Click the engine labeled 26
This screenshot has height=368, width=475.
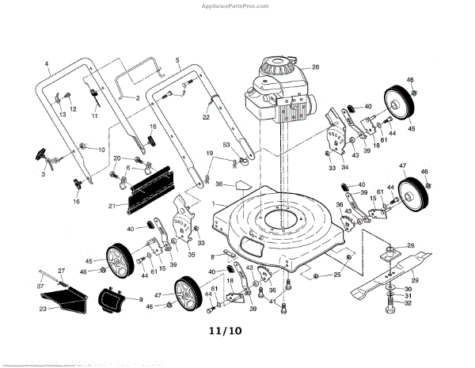(277, 95)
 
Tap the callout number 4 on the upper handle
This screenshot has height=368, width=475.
(47, 63)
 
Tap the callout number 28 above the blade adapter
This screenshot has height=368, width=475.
(411, 245)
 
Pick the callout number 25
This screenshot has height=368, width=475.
(336, 274)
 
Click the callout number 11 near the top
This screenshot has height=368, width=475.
(93, 116)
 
